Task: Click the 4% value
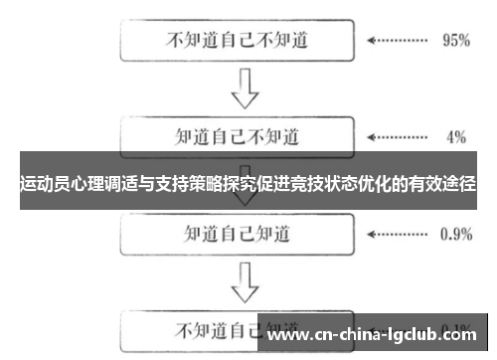[x=455, y=136]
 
